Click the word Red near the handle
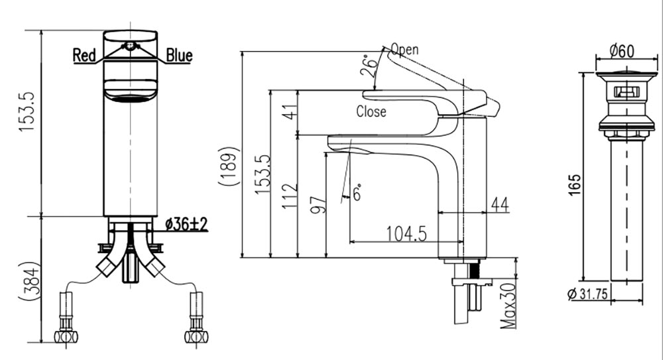click(x=84, y=56)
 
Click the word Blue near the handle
click(x=179, y=56)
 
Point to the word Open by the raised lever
click(x=404, y=49)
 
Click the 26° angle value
click(x=372, y=65)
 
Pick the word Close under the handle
click(x=371, y=111)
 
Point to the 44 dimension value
click(x=500, y=206)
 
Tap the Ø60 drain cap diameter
click(x=622, y=51)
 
